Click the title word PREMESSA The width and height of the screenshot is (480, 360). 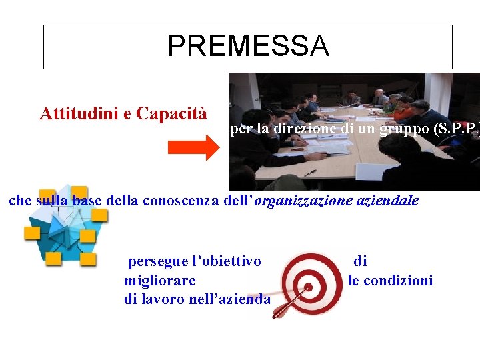point(248,46)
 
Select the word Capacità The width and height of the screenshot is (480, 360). point(171,113)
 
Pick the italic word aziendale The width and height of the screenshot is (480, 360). point(391,200)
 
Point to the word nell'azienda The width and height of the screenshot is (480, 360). point(230,299)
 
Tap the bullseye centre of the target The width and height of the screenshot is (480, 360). point(309,288)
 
